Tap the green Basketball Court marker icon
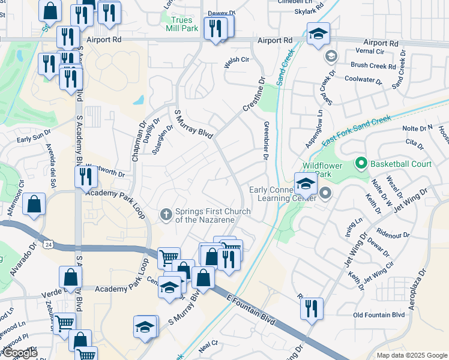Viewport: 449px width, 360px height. click(x=361, y=163)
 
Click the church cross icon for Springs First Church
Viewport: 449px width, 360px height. click(x=166, y=214)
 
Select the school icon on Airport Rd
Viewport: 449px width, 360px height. click(x=318, y=34)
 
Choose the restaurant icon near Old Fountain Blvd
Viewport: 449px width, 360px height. click(x=311, y=309)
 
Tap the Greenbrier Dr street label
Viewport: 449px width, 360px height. click(x=265, y=140)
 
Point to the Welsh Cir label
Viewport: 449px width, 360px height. click(x=237, y=60)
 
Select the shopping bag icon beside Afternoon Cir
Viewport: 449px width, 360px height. click(x=35, y=204)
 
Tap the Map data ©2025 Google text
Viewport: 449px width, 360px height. click(x=411, y=355)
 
